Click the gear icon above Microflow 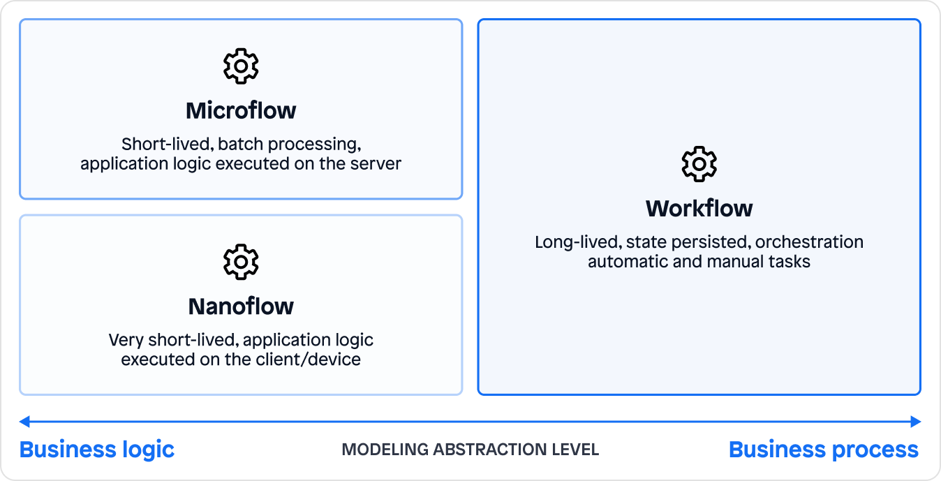(241, 66)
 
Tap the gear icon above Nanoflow (241, 262)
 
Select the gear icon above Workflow (699, 164)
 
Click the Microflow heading (241, 110)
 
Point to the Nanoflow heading (241, 306)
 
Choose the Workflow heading (699, 208)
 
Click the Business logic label (97, 449)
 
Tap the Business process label (824, 449)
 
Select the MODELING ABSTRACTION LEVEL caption (470, 450)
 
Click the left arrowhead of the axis (24, 421)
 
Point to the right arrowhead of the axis (916, 421)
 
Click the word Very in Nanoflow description (124, 340)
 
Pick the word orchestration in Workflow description (809, 242)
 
